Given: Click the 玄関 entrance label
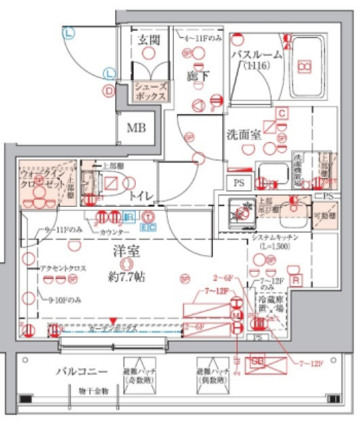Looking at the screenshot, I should point(149,40).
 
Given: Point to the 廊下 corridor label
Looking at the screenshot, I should point(193,75).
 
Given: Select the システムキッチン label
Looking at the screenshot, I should point(279,238).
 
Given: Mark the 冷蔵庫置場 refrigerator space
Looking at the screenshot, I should point(270,306).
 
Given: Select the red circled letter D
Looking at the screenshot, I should point(107,90).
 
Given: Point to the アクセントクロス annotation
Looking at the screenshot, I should point(61,268).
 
